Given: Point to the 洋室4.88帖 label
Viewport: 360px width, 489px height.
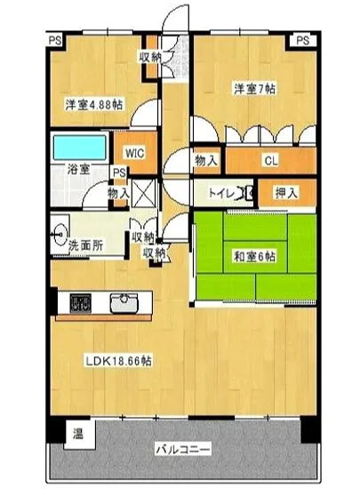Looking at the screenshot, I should pos(93,104).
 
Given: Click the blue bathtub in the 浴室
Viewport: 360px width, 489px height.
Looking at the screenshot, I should pos(77,146).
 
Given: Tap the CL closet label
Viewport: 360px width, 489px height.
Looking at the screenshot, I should pos(268,161).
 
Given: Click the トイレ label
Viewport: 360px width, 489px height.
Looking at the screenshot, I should pos(221,192).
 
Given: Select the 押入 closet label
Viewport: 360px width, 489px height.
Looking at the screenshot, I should pos(285,192).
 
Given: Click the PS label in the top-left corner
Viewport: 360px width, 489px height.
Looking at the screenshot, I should pos(55,40).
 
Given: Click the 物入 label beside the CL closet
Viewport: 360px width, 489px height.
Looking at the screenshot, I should pos(207,161).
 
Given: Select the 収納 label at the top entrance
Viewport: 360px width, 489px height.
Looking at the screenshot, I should pos(150,57).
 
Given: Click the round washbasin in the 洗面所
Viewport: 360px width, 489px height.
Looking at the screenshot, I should pos(60,226).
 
